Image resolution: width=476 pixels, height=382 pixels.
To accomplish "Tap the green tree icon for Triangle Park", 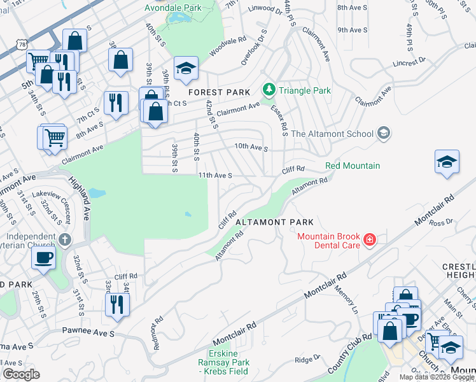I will tap(269, 90).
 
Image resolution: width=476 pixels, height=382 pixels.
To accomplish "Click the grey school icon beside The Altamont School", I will tap(383, 133).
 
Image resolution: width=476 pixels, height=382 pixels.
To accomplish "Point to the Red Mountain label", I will tap(353, 166).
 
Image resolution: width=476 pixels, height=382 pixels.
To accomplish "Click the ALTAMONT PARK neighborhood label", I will tap(274, 222).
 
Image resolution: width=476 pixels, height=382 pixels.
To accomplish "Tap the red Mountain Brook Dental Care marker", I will tap(369, 240).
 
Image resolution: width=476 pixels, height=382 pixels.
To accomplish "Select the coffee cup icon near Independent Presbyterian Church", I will tap(43, 257).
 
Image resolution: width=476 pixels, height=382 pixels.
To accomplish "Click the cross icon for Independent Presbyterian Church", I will tap(64, 240).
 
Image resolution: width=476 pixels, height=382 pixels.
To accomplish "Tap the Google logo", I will tap(21, 374).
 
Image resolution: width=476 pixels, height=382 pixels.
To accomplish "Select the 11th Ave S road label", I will tap(214, 175).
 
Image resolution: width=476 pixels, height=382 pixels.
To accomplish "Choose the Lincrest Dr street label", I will tap(414, 64).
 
